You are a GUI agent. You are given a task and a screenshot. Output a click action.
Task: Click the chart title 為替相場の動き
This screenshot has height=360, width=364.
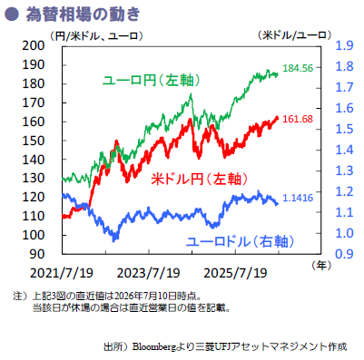coord(83,15)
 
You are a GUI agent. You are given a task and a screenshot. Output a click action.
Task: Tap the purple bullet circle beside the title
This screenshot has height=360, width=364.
coord(12,15)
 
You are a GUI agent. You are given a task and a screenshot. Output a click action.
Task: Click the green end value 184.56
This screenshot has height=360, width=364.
coord(298,68)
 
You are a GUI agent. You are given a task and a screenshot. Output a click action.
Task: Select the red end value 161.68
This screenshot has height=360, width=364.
coord(298,119)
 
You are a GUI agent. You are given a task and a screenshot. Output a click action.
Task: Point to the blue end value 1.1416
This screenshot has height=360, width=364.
coord(298,198)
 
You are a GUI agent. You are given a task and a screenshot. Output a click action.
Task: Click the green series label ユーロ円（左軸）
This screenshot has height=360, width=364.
coord(152,81)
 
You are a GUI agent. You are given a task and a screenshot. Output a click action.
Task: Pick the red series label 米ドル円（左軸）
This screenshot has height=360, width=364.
coord(200,179)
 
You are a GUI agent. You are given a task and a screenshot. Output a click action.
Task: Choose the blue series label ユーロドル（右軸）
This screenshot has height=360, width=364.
coord(240,241)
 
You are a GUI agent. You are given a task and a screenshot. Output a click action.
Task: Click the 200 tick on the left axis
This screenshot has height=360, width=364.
coord(34,45)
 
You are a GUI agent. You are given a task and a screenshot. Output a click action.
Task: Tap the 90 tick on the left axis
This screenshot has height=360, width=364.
coord(37,254)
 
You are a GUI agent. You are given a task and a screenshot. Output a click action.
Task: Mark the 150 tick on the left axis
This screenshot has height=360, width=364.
coord(34,141)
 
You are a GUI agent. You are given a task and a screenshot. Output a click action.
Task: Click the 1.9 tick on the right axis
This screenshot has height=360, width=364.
coord(344,45)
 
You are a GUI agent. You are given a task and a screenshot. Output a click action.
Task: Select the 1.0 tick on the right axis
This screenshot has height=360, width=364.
coord(344,233)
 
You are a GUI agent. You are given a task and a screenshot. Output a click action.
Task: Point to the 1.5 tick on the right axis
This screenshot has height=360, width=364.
coord(344,129)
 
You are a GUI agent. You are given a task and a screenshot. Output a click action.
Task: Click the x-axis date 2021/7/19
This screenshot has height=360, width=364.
coord(62,273)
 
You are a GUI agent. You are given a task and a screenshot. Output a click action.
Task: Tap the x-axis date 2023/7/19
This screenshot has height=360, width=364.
coord(149,273)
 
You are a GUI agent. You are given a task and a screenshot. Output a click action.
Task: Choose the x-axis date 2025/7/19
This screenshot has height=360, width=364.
coord(235,273)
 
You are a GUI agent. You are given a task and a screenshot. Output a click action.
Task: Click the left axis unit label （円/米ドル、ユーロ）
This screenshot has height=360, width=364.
coord(96,36)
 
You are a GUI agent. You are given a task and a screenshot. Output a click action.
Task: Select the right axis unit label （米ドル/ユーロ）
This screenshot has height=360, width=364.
coord(294,35)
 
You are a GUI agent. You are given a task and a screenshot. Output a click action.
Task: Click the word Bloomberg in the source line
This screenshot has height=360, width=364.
coord(154,347)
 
